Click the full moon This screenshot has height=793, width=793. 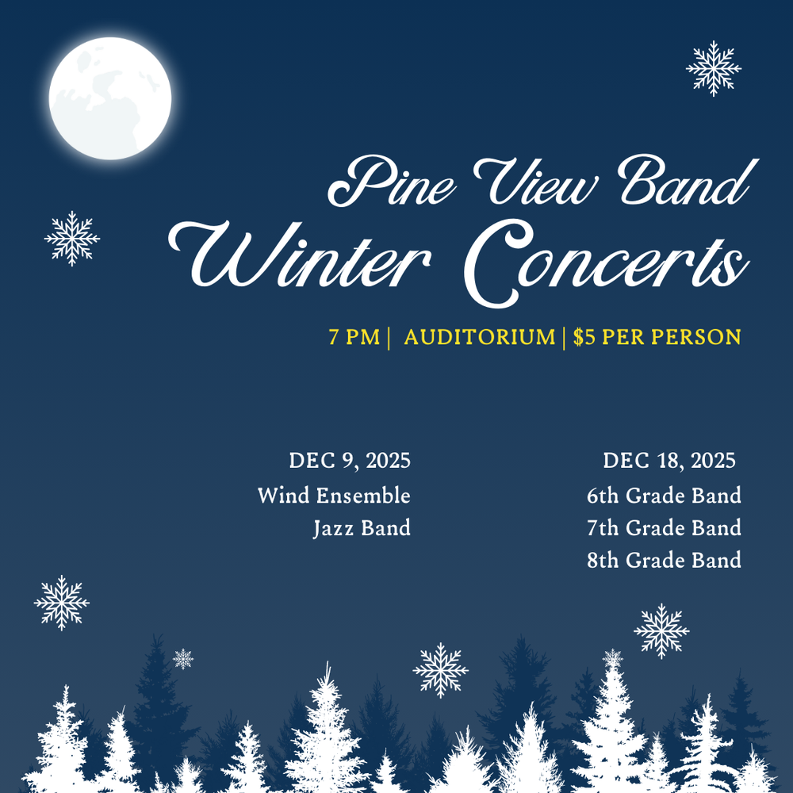(110, 98)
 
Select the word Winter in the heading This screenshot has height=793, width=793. (301, 258)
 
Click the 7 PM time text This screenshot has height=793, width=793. (354, 337)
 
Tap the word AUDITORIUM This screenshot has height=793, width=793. (479, 337)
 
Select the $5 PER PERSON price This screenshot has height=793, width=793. (657, 337)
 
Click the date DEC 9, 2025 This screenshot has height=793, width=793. (350, 461)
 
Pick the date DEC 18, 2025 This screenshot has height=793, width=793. (668, 461)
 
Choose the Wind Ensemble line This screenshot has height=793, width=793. (334, 496)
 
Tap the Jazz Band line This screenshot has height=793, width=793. (362, 528)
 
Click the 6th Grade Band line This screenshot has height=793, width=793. (664, 496)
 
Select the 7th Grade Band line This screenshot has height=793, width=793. (664, 528)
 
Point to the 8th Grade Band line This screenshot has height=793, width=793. (664, 561)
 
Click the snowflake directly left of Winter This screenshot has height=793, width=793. (72, 238)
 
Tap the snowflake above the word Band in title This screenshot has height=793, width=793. (714, 69)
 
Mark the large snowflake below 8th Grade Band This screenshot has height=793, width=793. (661, 631)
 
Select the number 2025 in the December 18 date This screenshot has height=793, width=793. (713, 461)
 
